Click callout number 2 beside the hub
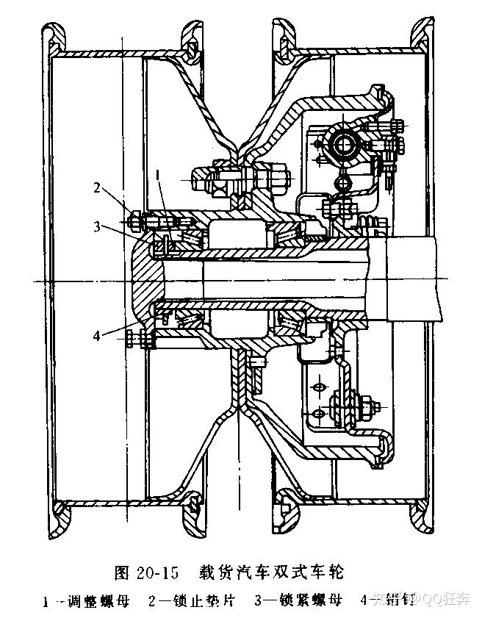coord(97,187)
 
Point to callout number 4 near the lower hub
coord(97,337)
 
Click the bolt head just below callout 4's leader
coord(132,339)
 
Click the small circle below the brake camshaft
coord(340,180)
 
